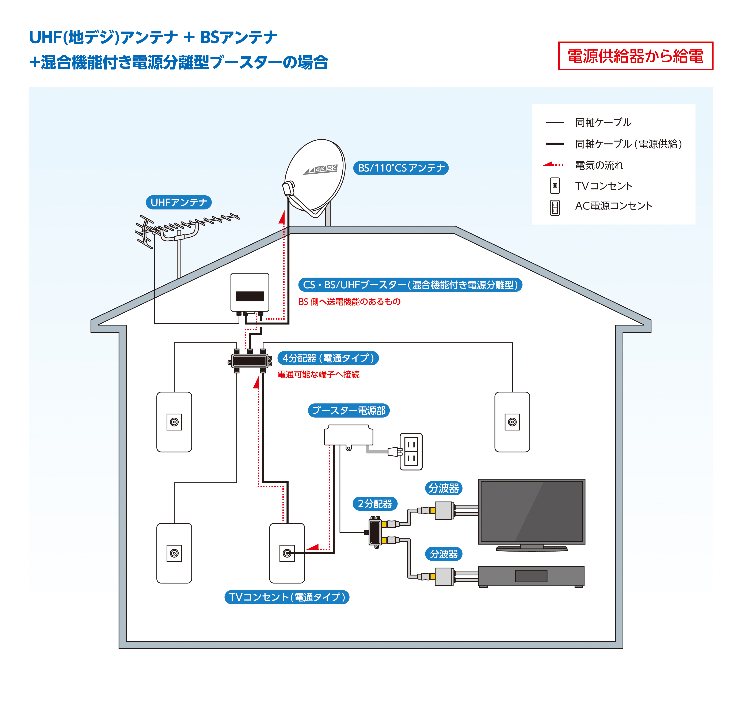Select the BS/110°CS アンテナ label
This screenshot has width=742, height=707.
400,168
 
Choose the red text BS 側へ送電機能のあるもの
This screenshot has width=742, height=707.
349,301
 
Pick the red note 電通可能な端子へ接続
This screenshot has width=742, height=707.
318,374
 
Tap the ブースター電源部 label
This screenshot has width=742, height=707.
348,410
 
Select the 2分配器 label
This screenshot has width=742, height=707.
375,504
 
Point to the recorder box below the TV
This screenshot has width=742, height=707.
531,576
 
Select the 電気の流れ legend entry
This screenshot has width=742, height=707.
599,165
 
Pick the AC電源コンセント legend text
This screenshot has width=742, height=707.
614,206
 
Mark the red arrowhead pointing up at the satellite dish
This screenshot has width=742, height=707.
282,217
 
